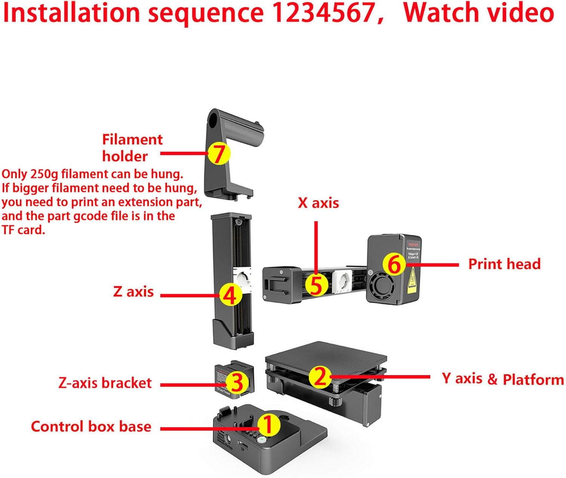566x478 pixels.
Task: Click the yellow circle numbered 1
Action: click(x=269, y=425)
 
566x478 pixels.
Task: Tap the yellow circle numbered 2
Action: click(x=320, y=376)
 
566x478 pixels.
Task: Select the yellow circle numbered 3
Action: click(x=237, y=383)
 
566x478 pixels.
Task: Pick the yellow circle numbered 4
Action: click(x=230, y=295)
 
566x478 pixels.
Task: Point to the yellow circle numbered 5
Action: click(x=316, y=285)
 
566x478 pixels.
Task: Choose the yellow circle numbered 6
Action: click(x=394, y=264)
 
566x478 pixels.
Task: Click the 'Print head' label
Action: click(x=504, y=264)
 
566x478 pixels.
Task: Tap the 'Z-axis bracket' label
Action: click(x=105, y=383)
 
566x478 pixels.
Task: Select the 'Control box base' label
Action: click(x=91, y=426)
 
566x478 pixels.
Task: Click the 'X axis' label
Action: click(x=318, y=203)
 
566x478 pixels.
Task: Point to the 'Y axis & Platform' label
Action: click(x=503, y=379)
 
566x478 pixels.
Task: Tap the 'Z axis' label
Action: click(x=133, y=292)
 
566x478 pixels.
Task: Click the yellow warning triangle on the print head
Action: click(x=413, y=280)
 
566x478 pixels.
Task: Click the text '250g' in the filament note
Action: click(x=44, y=174)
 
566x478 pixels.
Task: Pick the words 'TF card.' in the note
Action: click(x=23, y=230)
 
